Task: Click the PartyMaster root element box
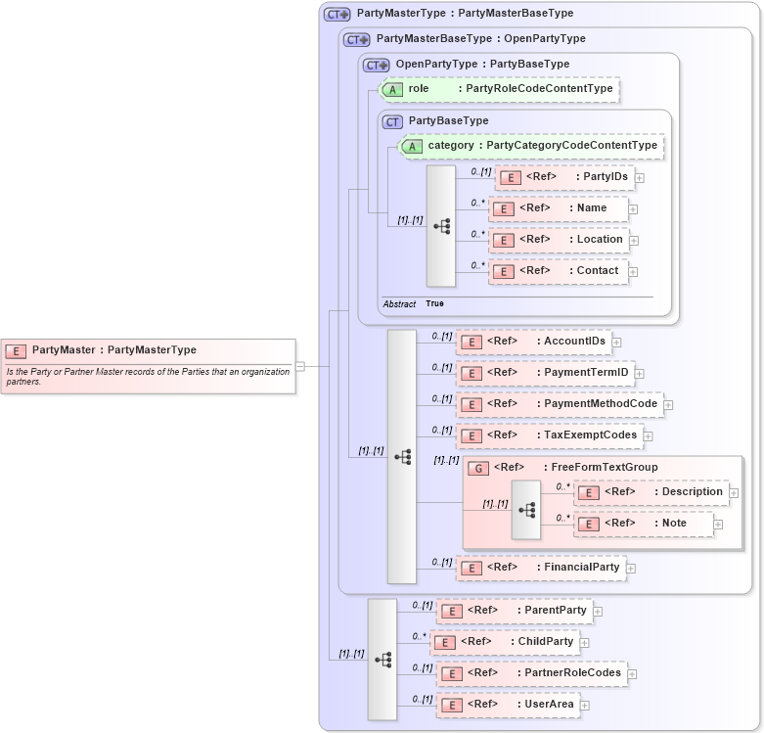[148, 350]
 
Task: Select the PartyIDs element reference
[564, 177]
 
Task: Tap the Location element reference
[558, 240]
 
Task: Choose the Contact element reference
[558, 271]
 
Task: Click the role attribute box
[499, 89]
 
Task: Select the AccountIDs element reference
[534, 342]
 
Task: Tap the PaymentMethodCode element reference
[559, 404]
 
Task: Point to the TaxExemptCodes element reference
[549, 435]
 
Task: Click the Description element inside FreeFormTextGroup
[651, 492]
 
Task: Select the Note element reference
[643, 524]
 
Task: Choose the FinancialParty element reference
[541, 567]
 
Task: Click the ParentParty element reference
[515, 611]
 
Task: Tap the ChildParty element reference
[505, 642]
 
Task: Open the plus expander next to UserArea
[586, 705]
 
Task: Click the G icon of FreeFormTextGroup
[479, 469]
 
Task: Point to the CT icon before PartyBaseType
[392, 121]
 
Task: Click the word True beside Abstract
[434, 304]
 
